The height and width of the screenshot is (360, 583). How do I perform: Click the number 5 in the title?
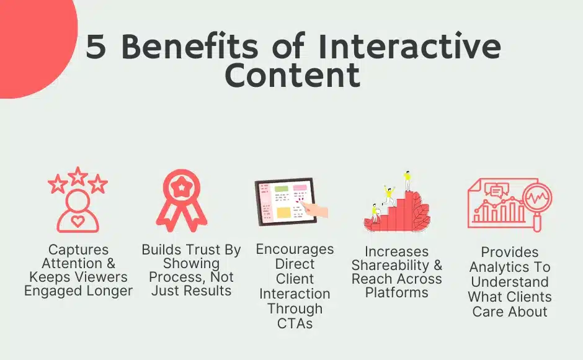point(96,47)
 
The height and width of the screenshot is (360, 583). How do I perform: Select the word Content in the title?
point(293,75)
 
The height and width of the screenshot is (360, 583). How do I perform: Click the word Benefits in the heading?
point(189,46)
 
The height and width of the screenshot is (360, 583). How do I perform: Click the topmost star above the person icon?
point(78,176)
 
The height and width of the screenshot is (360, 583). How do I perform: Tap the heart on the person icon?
point(78,221)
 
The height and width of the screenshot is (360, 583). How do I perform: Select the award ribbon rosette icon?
point(182,200)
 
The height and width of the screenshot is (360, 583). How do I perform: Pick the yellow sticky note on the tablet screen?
point(283,213)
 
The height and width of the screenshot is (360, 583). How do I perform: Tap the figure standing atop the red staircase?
point(407,181)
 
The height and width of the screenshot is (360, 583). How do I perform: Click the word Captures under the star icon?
point(78,250)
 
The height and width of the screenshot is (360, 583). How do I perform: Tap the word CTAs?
point(295,323)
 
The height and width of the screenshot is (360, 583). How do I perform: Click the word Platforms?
point(397,292)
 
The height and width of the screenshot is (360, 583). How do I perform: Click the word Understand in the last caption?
point(510,282)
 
